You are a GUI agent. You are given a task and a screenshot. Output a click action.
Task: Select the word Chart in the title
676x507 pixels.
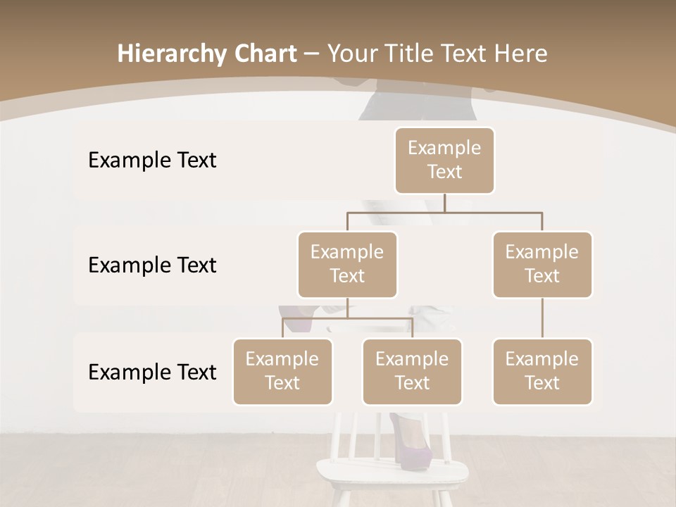[x=262, y=54]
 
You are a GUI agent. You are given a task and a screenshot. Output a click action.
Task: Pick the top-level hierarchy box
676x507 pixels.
[x=444, y=161]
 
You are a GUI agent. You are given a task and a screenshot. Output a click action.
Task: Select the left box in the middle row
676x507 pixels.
[x=347, y=265]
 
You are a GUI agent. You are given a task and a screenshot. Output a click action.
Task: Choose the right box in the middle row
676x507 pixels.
[x=542, y=265]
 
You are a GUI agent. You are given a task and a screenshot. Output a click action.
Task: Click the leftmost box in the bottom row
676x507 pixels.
[x=282, y=372]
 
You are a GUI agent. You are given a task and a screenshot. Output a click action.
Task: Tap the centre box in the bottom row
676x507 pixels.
[x=412, y=372]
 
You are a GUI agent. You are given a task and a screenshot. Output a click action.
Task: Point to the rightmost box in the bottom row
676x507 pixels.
[x=542, y=372]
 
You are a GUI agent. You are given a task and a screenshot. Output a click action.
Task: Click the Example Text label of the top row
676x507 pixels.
[x=152, y=161]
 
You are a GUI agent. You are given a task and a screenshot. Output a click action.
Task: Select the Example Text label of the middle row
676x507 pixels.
[x=152, y=265]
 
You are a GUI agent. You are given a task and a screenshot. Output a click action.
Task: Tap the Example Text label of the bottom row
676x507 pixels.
[x=152, y=373]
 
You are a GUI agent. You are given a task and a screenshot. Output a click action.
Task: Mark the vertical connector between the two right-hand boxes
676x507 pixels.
[x=542, y=318]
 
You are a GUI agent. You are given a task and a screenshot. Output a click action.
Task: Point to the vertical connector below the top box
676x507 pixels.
[x=444, y=203]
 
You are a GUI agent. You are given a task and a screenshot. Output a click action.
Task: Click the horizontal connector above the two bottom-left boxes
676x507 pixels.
[x=347, y=318]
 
